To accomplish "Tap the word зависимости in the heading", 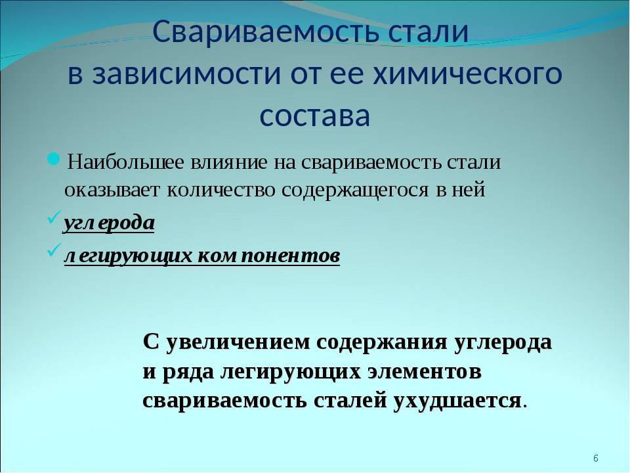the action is point(186,74).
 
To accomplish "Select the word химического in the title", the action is point(468,74).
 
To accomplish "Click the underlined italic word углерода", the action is point(110,223).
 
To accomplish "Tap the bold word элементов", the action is point(425,372).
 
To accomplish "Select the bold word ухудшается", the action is point(457,401).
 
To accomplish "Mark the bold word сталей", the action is point(350,401).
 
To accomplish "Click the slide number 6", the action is point(596,458).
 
